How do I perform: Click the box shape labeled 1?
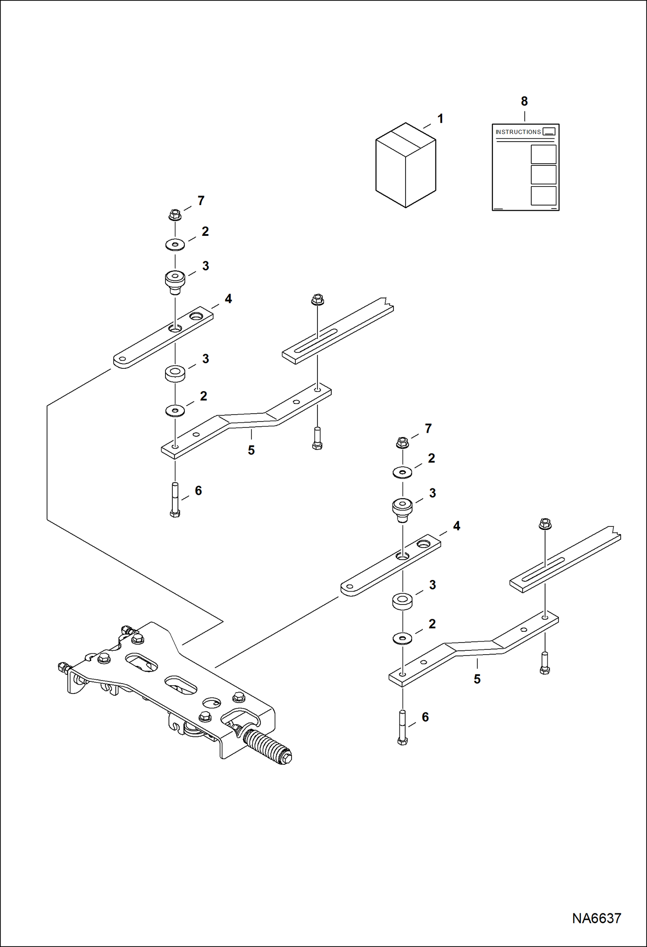coord(406,166)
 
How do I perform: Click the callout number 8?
coord(524,101)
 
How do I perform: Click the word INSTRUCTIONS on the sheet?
coord(518,132)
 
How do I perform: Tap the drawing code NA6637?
coord(596,918)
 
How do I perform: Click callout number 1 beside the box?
coord(440,119)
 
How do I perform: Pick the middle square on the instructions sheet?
coord(543,175)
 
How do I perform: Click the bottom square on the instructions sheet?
coord(543,196)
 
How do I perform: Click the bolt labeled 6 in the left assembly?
coord(175,500)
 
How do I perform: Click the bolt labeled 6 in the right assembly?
coord(402,727)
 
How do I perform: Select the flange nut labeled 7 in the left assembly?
coord(175,214)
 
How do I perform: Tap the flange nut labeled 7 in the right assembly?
coord(402,442)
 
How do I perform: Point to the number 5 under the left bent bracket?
coord(251,450)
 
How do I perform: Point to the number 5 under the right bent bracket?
coord(477,679)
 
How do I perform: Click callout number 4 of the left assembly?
coord(228,299)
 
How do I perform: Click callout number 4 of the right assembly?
coord(456,526)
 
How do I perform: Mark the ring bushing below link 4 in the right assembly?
coord(402,602)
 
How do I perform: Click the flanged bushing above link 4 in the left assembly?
coord(175,281)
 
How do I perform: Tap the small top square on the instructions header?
coord(549,131)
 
